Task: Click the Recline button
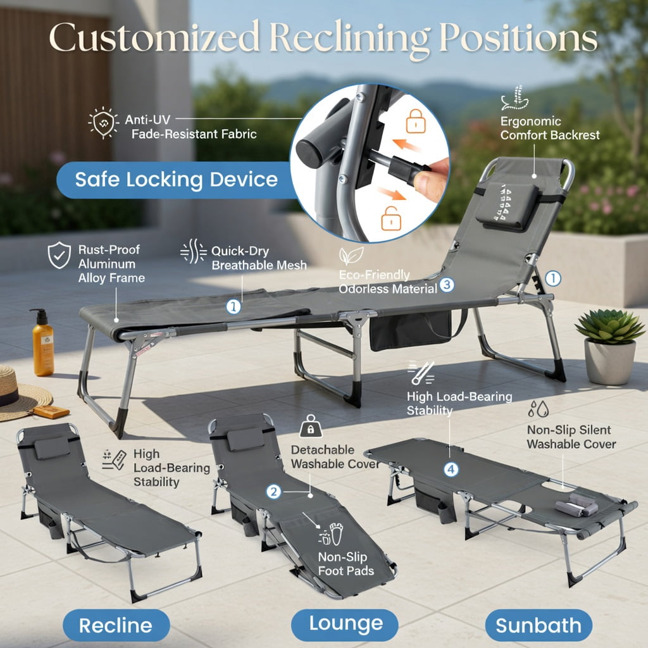click(116, 625)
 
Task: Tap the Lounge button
click(345, 625)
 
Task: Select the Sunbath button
click(538, 625)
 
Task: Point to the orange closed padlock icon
click(415, 121)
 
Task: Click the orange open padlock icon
click(391, 218)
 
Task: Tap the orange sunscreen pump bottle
click(43, 342)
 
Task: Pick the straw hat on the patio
click(21, 393)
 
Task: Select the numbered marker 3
click(447, 285)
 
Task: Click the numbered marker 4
click(451, 470)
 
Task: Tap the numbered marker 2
click(273, 492)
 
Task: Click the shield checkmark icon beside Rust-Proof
click(59, 255)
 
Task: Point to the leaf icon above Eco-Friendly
click(351, 256)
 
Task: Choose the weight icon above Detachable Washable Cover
click(311, 426)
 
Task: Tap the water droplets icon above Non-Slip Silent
click(539, 409)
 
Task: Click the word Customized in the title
click(154, 37)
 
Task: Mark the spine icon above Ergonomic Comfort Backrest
click(514, 98)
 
